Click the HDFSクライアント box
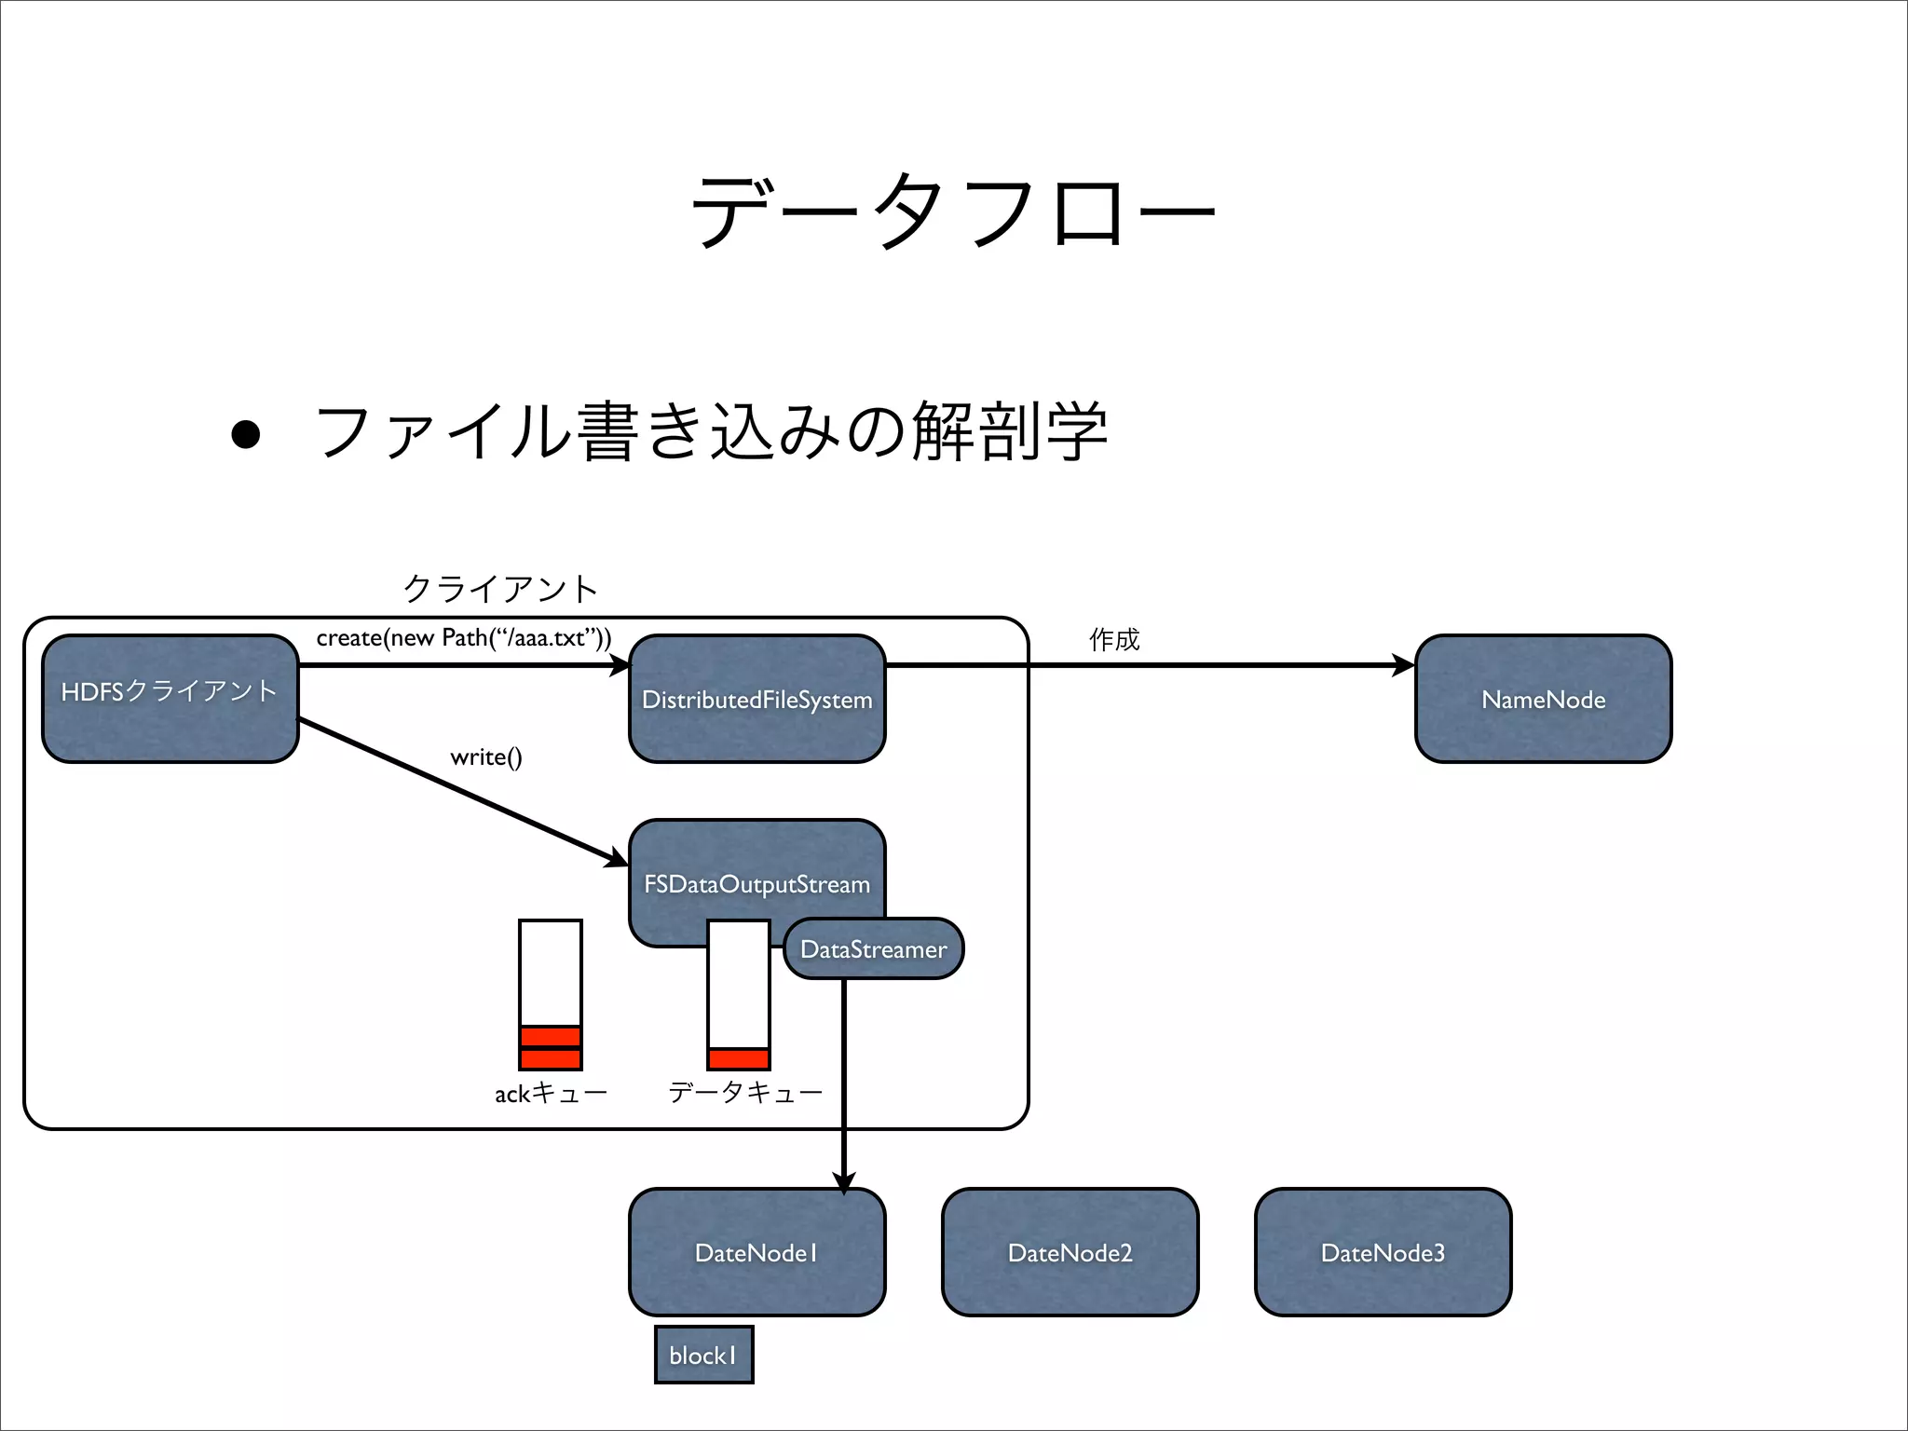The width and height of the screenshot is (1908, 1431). pyautogui.click(x=170, y=699)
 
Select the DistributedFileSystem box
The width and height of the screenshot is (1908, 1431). pyautogui.click(x=756, y=700)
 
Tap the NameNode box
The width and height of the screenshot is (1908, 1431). pyautogui.click(x=1543, y=700)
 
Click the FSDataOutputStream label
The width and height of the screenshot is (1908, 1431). pyautogui.click(x=756, y=883)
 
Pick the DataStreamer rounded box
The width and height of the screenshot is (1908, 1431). pyautogui.click(x=873, y=949)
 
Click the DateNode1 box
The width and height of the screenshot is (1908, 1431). pyautogui.click(x=756, y=1252)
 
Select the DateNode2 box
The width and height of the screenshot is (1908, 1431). pyautogui.click(x=1070, y=1252)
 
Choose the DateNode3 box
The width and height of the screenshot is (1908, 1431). pyautogui.click(x=1383, y=1252)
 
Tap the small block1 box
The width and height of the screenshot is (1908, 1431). pyautogui.click(x=703, y=1355)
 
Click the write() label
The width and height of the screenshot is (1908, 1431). pyautogui.click(x=485, y=756)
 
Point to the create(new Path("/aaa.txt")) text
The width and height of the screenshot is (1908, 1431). pyautogui.click(x=463, y=638)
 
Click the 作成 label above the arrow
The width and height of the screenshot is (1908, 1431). pyautogui.click(x=1113, y=639)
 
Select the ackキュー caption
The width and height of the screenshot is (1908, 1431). pyautogui.click(x=551, y=1093)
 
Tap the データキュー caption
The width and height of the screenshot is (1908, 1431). pyautogui.click(x=745, y=1092)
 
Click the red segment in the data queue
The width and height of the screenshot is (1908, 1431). pyautogui.click(x=738, y=1059)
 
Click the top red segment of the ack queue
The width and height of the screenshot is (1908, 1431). pyautogui.click(x=551, y=1037)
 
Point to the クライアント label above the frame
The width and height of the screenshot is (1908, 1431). pyautogui.click(x=500, y=589)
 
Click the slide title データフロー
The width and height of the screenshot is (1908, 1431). pyautogui.click(x=952, y=211)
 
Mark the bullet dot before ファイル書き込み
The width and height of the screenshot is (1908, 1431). pyautogui.click(x=245, y=434)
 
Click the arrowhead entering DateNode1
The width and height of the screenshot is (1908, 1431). pyautogui.click(x=843, y=1182)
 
